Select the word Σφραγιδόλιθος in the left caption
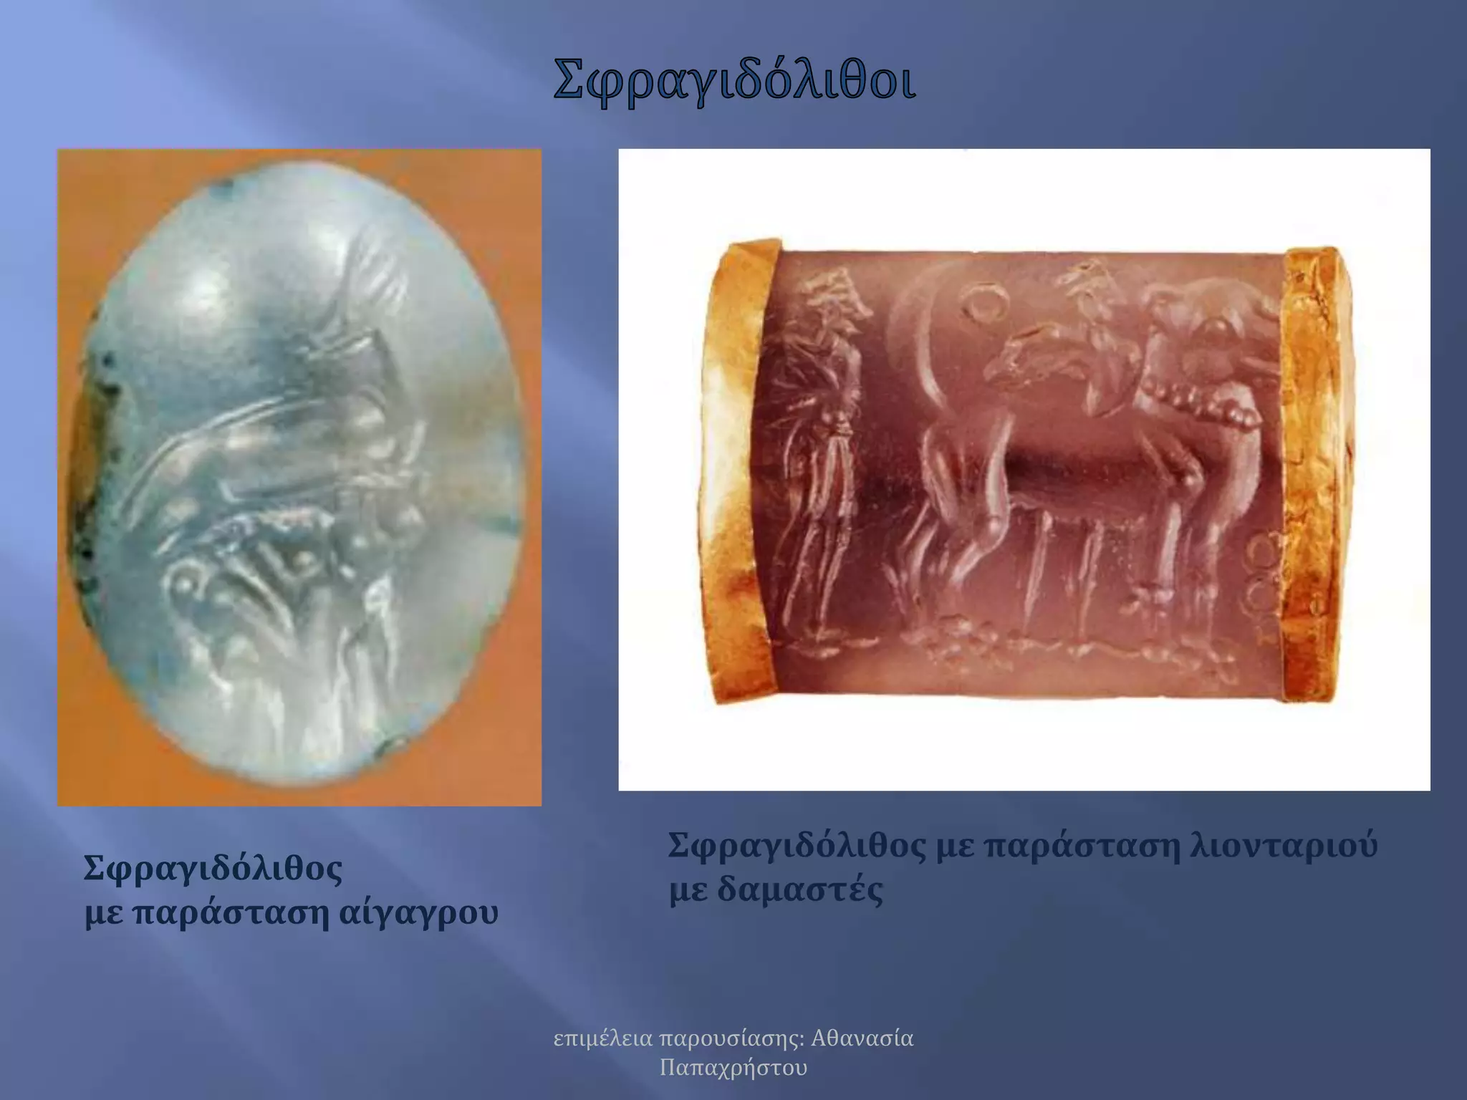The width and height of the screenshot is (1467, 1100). pyautogui.click(x=213, y=869)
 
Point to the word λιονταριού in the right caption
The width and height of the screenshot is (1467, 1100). pyautogui.click(x=1283, y=846)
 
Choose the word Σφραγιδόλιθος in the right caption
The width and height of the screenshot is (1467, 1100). pyautogui.click(x=797, y=846)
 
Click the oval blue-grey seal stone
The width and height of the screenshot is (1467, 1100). pyautogui.click(x=301, y=473)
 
